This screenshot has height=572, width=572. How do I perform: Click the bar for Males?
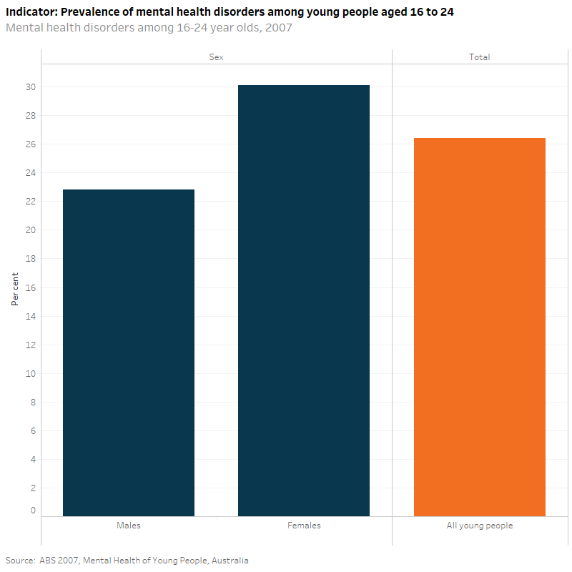pos(129,352)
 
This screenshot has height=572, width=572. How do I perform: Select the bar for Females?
pos(304,300)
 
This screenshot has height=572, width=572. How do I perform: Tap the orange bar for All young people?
pos(479,327)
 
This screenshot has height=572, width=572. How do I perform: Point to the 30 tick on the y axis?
pos(31,87)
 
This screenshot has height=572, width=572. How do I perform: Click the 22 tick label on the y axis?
pos(31,202)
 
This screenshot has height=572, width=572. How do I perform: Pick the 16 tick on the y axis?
pos(31,287)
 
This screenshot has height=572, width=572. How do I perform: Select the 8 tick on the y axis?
pos(33,402)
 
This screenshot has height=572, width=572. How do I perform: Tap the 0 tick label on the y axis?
pos(33,511)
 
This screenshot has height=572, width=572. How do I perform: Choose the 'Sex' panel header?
pos(217,57)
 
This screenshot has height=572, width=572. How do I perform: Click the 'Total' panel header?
pos(479,57)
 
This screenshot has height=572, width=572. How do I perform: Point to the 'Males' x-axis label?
pos(129,526)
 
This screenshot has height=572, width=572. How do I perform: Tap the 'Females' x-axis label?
pos(304,526)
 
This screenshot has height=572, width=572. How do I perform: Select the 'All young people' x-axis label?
pos(479,526)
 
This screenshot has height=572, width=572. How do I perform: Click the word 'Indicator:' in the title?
pos(31,12)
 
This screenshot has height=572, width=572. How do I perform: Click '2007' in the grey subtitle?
pos(277,28)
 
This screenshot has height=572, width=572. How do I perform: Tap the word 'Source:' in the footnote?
pos(21,561)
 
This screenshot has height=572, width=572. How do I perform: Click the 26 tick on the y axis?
pos(31,144)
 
